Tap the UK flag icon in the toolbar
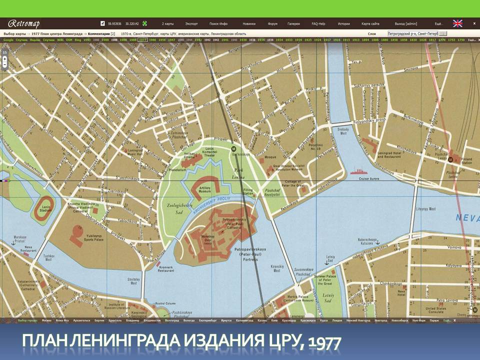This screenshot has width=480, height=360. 457,23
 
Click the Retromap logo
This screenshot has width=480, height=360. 23,23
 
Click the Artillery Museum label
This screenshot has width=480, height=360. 205,189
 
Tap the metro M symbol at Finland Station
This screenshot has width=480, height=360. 451,160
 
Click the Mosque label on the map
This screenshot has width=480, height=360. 270,157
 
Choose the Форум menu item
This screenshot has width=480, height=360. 272,23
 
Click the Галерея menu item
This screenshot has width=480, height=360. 293,23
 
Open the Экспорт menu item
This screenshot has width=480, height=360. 191,23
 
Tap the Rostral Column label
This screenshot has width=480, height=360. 163,303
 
